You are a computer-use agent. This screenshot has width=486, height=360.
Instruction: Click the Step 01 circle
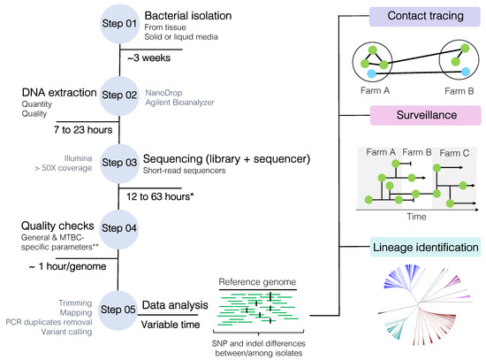pos(119,24)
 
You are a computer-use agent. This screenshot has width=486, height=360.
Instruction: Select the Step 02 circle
pos(119,96)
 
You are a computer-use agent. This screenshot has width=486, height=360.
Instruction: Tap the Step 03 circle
pos(119,164)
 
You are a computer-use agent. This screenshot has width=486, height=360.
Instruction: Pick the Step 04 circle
pos(119,229)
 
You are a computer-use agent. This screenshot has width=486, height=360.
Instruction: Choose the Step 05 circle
pos(118,310)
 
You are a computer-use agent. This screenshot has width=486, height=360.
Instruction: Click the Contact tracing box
pos(425,17)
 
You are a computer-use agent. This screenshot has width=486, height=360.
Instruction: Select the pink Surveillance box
pos(426,115)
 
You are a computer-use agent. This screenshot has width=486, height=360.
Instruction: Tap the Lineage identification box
pos(426,248)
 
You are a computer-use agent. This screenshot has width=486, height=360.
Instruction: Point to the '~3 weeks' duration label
pos(148,58)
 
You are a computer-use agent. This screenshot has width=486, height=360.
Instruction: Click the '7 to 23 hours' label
pos(83,130)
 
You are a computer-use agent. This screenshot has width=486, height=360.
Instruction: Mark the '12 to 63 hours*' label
pos(160,196)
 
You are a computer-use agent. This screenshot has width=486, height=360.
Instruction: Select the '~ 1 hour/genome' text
pos(67,266)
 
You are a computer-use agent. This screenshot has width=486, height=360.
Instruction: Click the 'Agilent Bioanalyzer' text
pos(179,103)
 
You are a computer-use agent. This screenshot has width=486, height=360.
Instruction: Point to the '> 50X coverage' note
pos(64,168)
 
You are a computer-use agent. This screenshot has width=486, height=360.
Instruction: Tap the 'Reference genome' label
pos(257,282)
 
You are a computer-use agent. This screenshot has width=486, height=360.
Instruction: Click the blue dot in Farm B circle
pos(465,72)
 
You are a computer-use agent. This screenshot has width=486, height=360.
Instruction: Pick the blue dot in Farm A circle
pos(371,74)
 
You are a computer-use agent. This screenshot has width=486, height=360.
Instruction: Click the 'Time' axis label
pos(416,217)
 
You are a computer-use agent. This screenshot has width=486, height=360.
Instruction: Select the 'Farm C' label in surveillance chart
pos(454,153)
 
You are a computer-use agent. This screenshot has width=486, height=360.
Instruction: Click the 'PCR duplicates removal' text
pos(49,323)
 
